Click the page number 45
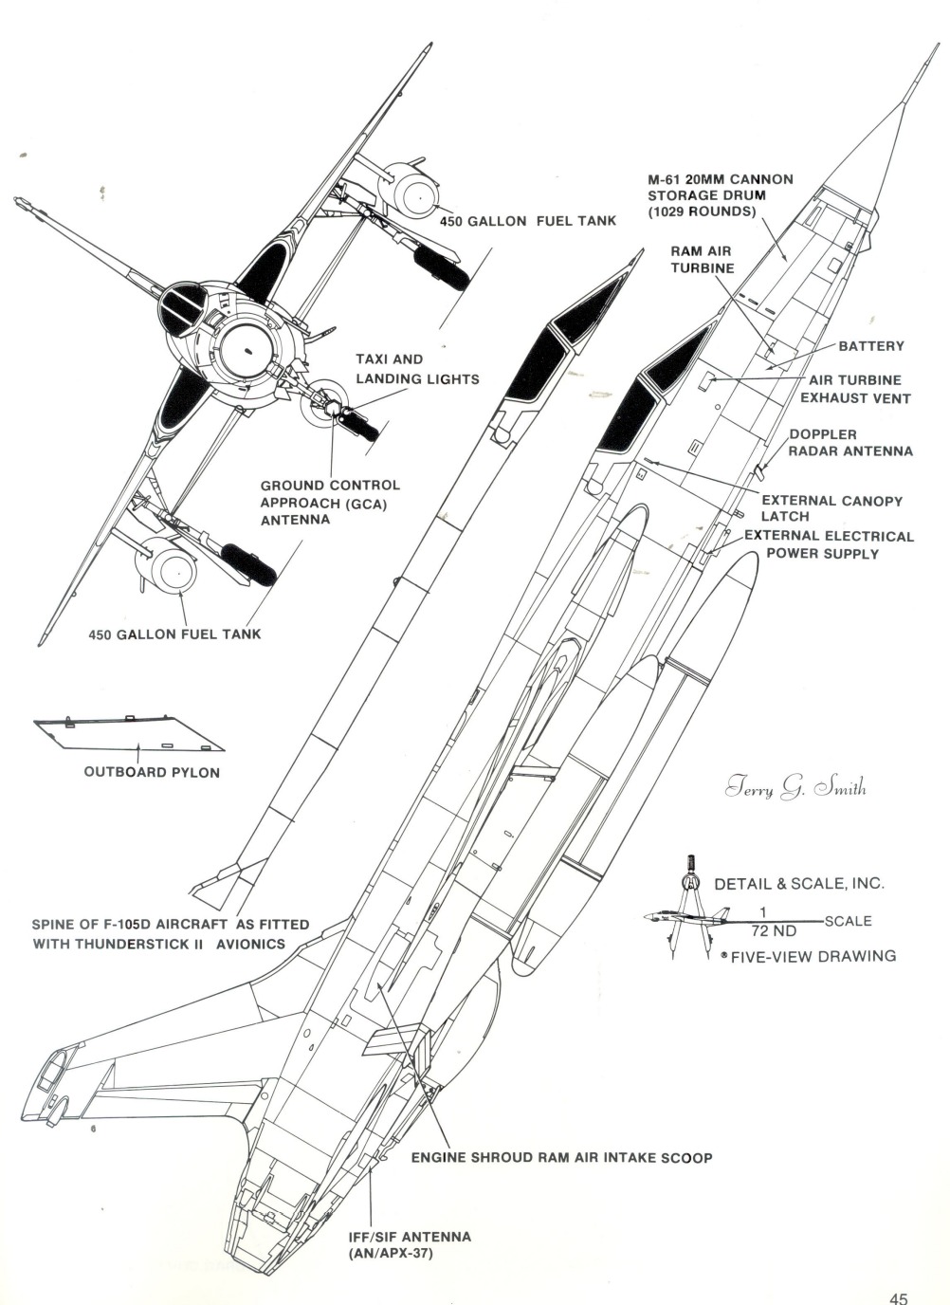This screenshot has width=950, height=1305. (x=899, y=1273)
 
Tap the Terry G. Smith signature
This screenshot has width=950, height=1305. (x=795, y=788)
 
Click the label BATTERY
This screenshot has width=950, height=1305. (x=870, y=346)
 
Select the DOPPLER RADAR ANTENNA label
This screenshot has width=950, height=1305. (x=850, y=443)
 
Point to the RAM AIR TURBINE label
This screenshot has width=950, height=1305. (x=703, y=260)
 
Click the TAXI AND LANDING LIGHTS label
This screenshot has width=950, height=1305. (x=417, y=369)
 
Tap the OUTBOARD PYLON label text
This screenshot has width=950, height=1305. (x=152, y=772)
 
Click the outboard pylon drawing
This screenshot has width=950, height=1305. (x=128, y=733)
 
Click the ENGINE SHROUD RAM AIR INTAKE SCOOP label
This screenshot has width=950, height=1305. (x=561, y=1157)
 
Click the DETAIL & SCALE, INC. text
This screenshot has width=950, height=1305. (x=798, y=883)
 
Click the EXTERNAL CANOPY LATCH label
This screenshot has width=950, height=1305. (x=831, y=507)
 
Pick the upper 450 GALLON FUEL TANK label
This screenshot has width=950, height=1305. (x=527, y=221)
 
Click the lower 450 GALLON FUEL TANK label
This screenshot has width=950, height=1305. (x=174, y=634)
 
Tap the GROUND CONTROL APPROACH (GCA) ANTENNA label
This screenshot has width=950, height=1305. (x=329, y=503)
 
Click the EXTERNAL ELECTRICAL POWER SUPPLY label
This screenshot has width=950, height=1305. (x=828, y=544)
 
